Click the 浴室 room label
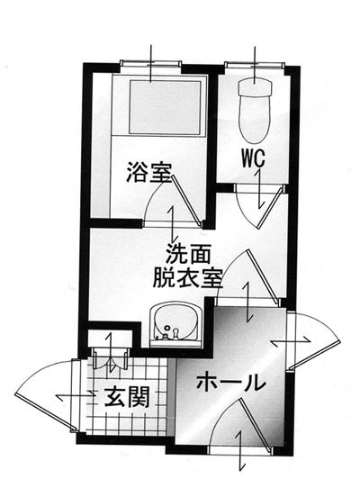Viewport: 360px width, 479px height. click(148, 173)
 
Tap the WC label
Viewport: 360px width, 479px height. click(253, 158)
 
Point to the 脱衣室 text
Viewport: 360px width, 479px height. click(187, 277)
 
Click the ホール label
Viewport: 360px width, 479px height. click(229, 382)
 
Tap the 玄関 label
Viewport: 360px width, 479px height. click(127, 397)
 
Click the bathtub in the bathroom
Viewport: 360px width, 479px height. click(165, 107)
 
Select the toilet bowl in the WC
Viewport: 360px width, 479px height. click(255, 118)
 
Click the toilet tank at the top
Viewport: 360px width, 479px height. click(255, 86)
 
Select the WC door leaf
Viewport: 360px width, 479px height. click(270, 208)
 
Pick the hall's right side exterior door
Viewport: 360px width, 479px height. click(314, 355)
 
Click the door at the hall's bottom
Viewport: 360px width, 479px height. click(256, 426)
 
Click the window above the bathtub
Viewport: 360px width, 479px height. click(151, 64)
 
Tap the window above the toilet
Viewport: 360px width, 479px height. click(255, 64)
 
